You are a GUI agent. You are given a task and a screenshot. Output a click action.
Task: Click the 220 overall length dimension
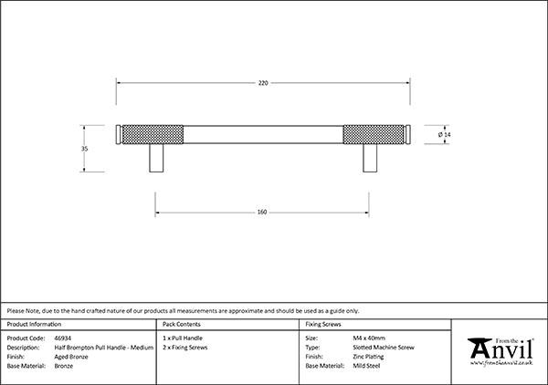[x=263, y=83]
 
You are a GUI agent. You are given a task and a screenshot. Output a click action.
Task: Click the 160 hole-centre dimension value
[x=262, y=213]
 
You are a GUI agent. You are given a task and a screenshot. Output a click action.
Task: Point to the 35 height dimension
[x=84, y=149]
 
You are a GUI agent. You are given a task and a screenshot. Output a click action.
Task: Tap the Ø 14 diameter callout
[x=445, y=134]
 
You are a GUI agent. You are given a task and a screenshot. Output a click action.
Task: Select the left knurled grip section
[x=153, y=134]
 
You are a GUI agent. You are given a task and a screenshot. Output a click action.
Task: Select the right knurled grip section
[x=374, y=134]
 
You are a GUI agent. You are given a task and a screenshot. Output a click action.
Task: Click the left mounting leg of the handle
[x=156, y=158]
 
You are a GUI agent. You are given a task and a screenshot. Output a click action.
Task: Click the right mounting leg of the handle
[x=370, y=158]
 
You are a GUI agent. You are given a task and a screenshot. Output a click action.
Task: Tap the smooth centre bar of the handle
[x=263, y=134]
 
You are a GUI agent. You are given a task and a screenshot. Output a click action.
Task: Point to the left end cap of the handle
[x=119, y=134]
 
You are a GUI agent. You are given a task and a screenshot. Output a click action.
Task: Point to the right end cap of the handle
[x=407, y=134]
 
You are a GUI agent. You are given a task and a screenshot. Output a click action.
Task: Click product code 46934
[x=63, y=338]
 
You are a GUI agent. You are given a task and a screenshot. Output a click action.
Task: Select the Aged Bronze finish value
[x=71, y=357]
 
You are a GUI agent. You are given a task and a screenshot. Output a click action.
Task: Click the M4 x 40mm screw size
[x=369, y=338]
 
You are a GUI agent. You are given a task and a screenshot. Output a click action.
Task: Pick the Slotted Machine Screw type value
[x=384, y=348]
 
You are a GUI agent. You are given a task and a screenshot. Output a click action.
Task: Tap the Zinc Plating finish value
[x=368, y=357]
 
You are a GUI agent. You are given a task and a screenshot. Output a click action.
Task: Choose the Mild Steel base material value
[x=366, y=366]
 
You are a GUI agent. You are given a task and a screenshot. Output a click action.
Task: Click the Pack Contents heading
[x=182, y=324]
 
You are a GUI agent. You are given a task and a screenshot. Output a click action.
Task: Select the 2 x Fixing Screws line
[x=184, y=348]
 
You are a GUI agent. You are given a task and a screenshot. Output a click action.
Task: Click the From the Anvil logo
[x=501, y=352]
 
